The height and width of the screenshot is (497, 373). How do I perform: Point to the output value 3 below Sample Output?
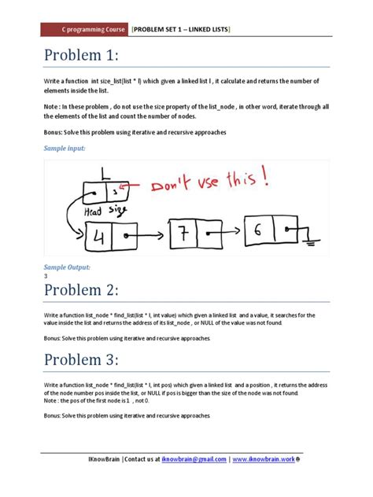click(x=46, y=276)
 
